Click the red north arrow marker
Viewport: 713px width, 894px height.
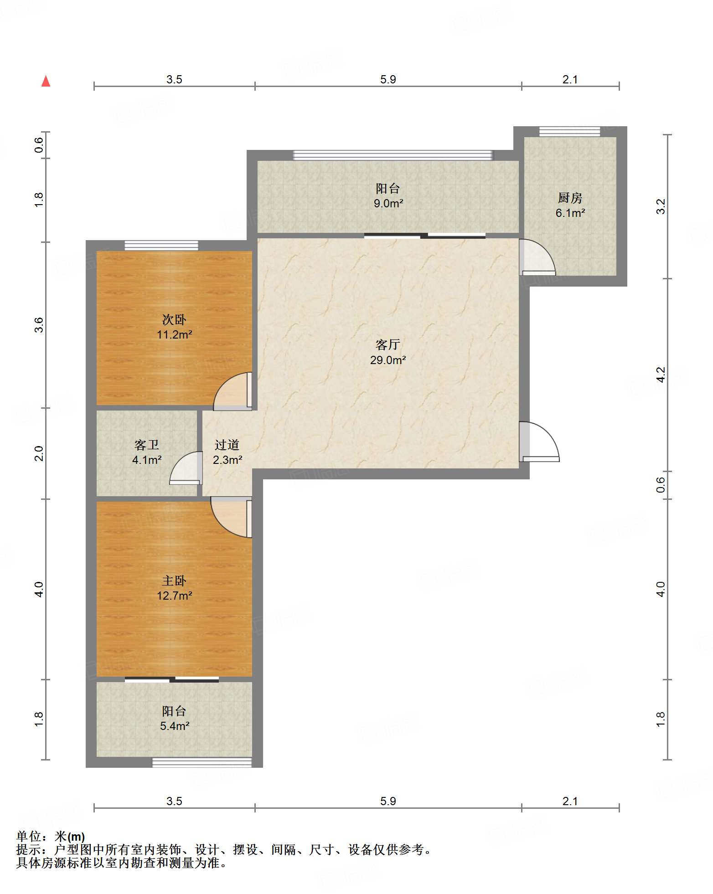46,81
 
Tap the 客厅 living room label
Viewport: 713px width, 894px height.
388,344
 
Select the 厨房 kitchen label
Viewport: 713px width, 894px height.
570,198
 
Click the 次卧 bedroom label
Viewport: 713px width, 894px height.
174,319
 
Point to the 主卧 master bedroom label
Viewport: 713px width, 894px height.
174,581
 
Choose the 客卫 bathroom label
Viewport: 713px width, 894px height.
147,445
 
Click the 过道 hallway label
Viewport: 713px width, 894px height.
227,445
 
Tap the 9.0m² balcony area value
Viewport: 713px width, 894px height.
388,203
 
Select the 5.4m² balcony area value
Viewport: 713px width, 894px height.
175,726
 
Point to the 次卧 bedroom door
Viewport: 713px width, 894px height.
233,391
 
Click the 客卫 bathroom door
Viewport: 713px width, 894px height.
186,468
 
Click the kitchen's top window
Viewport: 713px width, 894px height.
570,132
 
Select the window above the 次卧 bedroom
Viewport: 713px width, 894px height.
161,245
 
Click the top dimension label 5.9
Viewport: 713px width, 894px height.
388,79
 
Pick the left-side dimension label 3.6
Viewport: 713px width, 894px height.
39,325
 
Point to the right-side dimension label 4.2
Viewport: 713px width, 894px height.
661,375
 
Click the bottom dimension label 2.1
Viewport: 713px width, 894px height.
570,801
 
